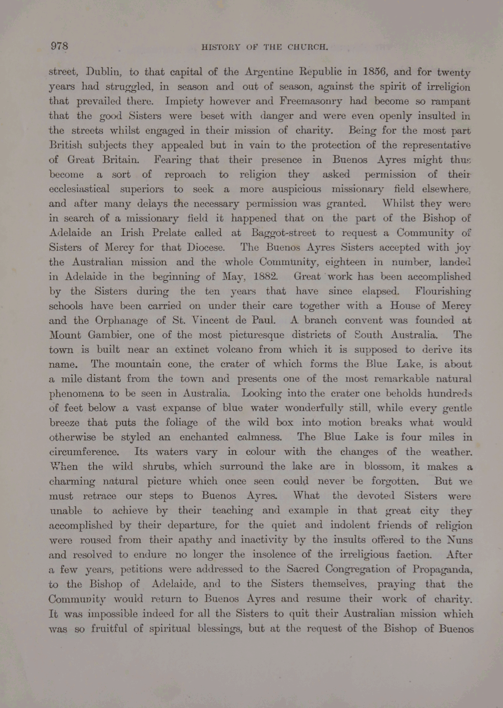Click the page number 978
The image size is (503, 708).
click(59, 46)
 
